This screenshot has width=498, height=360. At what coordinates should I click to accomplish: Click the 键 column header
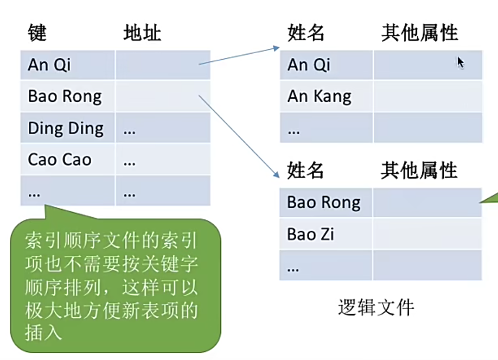point(37,33)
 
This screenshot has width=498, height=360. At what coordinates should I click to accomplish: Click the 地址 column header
point(142,33)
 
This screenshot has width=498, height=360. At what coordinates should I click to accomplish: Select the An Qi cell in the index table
point(49,65)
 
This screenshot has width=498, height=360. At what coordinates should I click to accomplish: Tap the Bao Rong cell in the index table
point(65,97)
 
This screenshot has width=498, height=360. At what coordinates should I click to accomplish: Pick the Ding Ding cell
point(66,129)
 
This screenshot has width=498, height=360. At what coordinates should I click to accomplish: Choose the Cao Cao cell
point(60,160)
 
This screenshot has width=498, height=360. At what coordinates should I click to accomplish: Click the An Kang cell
point(320,97)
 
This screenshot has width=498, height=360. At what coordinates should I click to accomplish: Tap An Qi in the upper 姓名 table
point(309,65)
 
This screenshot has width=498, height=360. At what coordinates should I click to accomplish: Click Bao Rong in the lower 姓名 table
point(324,203)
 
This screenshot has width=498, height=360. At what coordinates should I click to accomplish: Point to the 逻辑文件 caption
point(376,307)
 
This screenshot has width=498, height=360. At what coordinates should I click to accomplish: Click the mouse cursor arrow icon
point(460,62)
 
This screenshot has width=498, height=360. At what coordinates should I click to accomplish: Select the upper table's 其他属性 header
point(419,33)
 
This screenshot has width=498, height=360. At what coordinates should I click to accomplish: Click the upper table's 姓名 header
point(306,33)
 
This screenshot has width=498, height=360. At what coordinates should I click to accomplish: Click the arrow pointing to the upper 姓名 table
point(239,56)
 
